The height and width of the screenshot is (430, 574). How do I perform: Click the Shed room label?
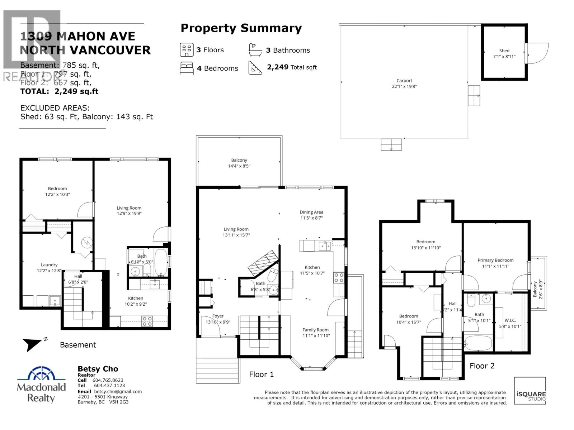pyautogui.click(x=504, y=51)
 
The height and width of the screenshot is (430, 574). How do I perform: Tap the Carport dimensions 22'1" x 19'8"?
pyautogui.click(x=404, y=87)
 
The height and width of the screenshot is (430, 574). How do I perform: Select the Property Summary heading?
pyautogui.click(x=241, y=28)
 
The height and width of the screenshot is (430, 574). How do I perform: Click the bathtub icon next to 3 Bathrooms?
pyautogui.click(x=255, y=50)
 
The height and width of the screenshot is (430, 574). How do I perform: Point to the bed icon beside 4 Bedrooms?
pyautogui.click(x=187, y=68)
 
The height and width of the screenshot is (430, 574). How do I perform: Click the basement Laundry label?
pyautogui.click(x=49, y=265)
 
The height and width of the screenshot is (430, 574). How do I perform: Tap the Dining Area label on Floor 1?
pyautogui.click(x=311, y=212)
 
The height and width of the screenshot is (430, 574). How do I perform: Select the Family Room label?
pyautogui.click(x=315, y=330)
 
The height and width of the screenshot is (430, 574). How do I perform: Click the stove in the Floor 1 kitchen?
pyautogui.click(x=339, y=278)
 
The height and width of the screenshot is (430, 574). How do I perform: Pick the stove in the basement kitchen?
pyautogui.click(x=147, y=321)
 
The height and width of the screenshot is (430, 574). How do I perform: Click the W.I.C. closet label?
pyautogui.click(x=510, y=320)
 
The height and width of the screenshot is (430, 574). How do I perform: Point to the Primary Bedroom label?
pyautogui.click(x=495, y=260)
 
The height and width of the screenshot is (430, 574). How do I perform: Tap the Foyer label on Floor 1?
pyautogui.click(x=218, y=316)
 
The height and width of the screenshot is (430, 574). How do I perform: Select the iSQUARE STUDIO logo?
pyautogui.click(x=530, y=391)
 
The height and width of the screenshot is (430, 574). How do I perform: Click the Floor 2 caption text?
pyautogui.click(x=482, y=366)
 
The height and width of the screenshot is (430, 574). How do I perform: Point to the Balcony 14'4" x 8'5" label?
pyautogui.click(x=239, y=163)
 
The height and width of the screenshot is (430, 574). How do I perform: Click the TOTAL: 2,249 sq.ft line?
pyautogui.click(x=59, y=91)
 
